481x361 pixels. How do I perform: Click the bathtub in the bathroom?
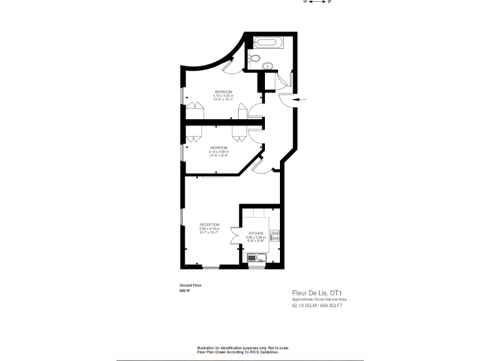coord(269,44)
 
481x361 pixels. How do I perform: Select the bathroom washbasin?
coord(270,65)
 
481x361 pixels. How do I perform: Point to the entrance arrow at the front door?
coord(300,99)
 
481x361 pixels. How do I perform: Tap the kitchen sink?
coord(257,257)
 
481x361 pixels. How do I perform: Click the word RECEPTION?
coord(209,224)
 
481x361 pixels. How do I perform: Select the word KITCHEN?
coord(256,233)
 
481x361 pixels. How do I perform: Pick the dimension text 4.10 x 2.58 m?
coord(219,152)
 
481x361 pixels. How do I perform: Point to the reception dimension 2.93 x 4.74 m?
coord(209,229)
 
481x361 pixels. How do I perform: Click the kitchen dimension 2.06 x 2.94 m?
coord(256,238)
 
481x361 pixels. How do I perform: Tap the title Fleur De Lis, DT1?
coord(319,292)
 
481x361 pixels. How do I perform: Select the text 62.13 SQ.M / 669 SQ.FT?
coord(319,306)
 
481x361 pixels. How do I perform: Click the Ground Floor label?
coord(190,285)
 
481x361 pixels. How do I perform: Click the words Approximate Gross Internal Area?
coord(319,299)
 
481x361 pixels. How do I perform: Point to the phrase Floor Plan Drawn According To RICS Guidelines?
coord(243,352)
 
